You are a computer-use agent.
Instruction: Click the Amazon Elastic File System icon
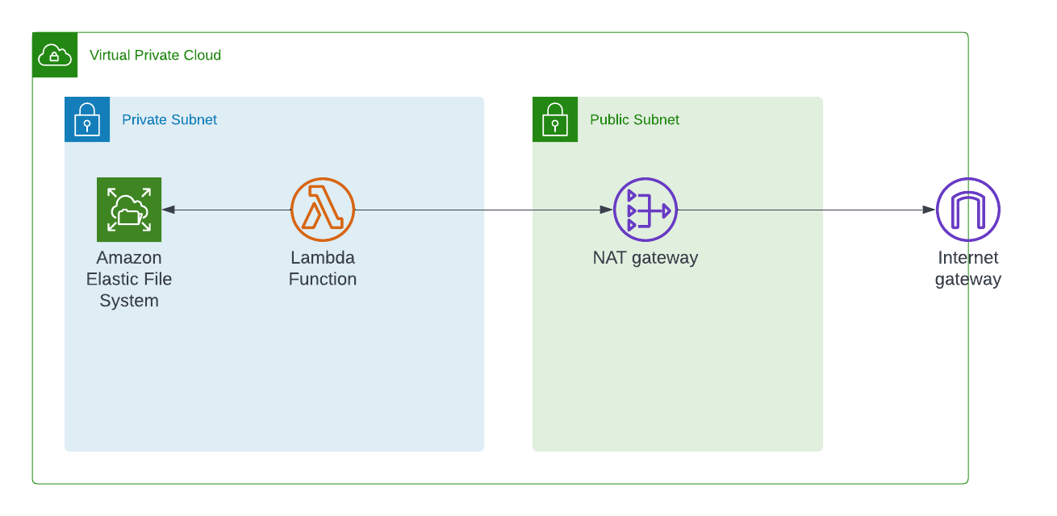coord(129,210)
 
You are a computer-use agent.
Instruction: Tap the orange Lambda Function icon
coord(323,210)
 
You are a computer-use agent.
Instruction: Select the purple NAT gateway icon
coord(645,210)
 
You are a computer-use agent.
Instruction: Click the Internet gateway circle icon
coord(968,210)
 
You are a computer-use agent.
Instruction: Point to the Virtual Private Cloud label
coord(155,55)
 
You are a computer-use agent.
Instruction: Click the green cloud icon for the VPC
coord(55,55)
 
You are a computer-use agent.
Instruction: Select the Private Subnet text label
coord(169,119)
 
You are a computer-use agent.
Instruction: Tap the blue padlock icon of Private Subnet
coord(87,119)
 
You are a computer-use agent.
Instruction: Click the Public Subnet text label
coord(634,119)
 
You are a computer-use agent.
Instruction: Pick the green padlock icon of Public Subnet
coord(555,119)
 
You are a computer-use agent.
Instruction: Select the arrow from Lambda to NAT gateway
coord(484,210)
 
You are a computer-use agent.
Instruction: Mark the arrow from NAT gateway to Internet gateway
coord(807,210)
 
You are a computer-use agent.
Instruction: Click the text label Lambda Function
coord(323,268)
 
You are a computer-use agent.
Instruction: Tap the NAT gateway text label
coord(645,258)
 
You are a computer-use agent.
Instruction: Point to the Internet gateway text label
coord(968,268)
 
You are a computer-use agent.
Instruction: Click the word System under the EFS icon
coord(129,301)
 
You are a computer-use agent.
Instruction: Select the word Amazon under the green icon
coord(129,258)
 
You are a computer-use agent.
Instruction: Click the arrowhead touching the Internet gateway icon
coord(930,210)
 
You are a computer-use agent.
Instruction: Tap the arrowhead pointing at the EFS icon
coord(168,210)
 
